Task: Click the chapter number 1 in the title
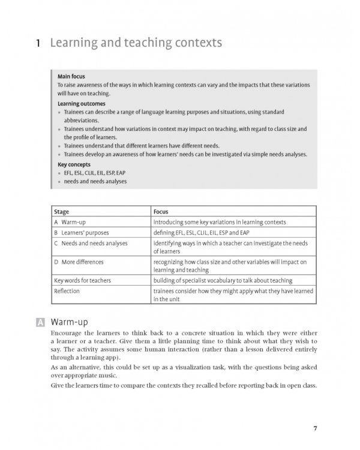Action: tap(38, 44)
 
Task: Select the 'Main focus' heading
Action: tap(71, 77)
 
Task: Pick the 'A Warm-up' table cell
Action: tap(70, 222)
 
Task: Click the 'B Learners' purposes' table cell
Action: tap(80, 232)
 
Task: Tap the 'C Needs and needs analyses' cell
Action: tap(89, 242)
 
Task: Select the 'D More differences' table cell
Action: tap(79, 262)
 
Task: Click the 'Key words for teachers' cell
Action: tap(82, 280)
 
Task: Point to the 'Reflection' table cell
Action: tap(67, 291)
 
